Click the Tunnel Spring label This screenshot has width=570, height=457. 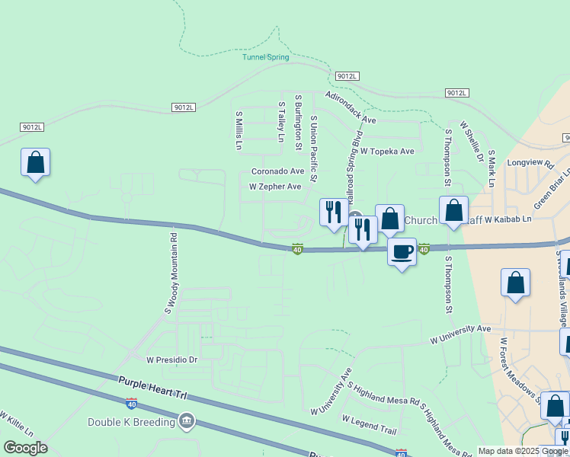point(266,57)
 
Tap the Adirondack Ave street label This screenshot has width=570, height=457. point(351,108)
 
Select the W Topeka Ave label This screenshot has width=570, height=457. point(387,152)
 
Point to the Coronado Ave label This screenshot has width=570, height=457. point(277,171)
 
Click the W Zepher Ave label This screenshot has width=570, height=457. point(275,186)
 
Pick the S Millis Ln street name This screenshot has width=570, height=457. point(239,130)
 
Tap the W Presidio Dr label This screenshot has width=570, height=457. point(171,359)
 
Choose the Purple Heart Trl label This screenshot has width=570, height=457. point(152,388)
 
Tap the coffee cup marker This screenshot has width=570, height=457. point(402,251)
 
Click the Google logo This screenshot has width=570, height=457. point(26,448)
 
